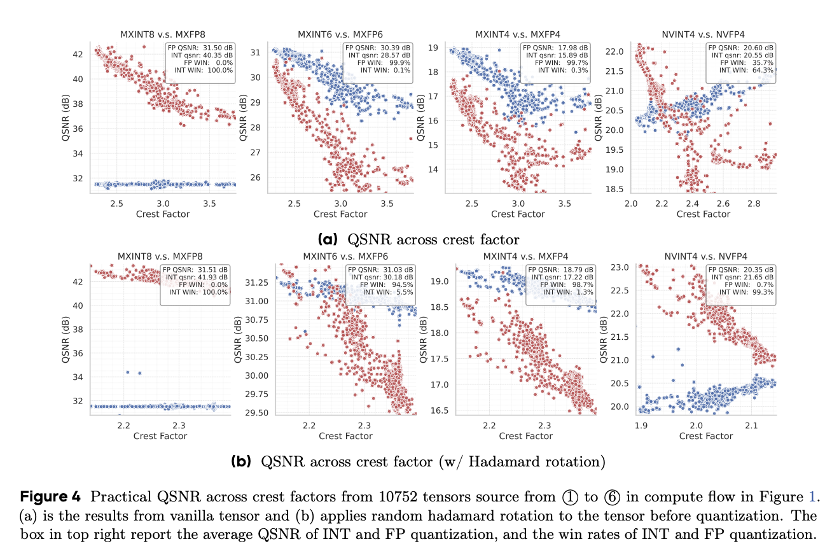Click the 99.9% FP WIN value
click(x=398, y=63)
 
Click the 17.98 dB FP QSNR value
click(x=574, y=47)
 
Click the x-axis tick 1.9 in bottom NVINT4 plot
click(x=640, y=424)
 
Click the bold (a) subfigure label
click(x=328, y=239)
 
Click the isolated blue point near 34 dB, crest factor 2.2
click(x=128, y=372)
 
